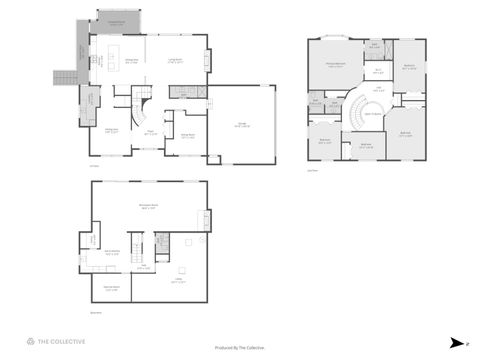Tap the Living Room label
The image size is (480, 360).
pyautogui.click(x=174, y=62)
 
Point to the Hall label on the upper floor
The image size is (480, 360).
pyautogui.click(x=379, y=90)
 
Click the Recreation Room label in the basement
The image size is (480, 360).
pyautogui.click(x=148, y=208)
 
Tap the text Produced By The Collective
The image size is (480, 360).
pyautogui.click(x=239, y=347)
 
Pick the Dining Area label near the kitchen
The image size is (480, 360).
pyautogui.click(x=130, y=62)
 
